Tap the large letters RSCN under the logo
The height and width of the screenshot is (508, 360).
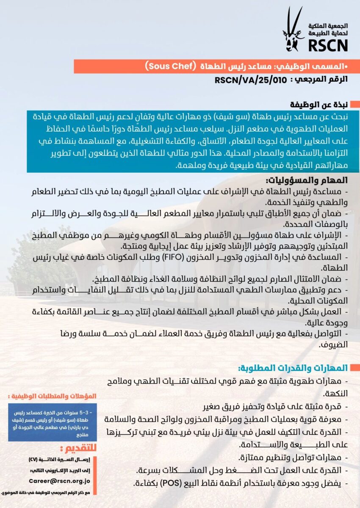(327, 45)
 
